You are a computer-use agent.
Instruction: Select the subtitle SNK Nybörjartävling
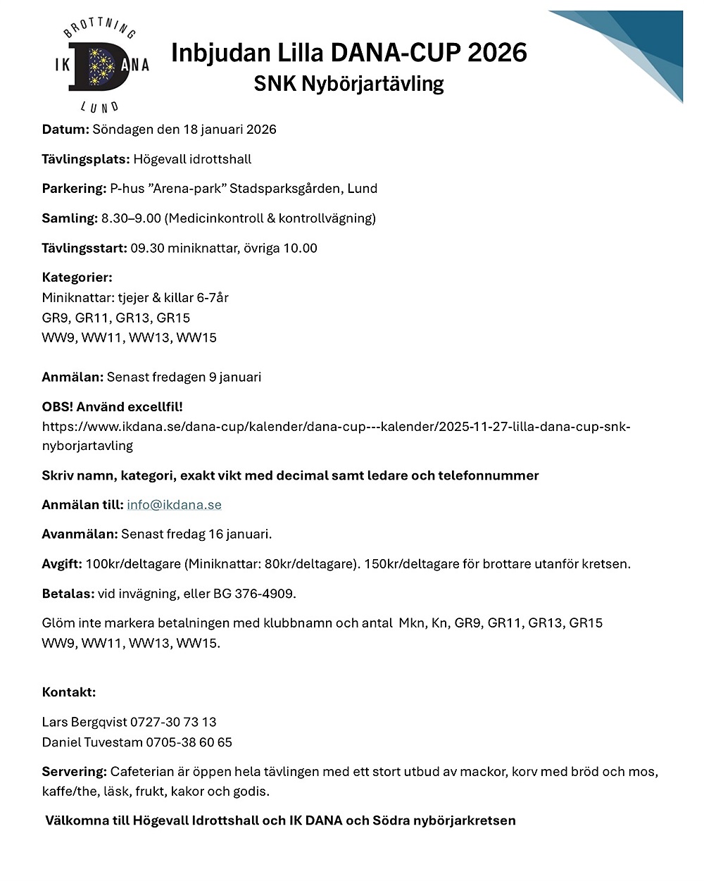pos(348,84)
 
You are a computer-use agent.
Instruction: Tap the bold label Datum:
pos(65,130)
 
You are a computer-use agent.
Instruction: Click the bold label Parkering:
pos(74,189)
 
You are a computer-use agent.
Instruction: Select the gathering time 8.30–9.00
pos(131,218)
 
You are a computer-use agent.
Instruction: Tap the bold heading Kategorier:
pos(77,277)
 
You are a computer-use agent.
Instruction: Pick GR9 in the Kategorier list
pos(56,318)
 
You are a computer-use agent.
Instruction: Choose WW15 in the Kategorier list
pos(196,337)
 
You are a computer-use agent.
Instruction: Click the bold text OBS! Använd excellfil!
pos(112,407)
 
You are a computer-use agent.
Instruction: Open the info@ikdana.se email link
pos(174,505)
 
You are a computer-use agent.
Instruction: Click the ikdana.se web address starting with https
pos(336,427)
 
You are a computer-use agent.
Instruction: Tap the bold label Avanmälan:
pos(80,535)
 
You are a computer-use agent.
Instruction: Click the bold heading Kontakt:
pos(68,692)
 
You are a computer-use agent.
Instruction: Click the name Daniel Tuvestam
pos(92,742)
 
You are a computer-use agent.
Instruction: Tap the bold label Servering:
pos(74,772)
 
